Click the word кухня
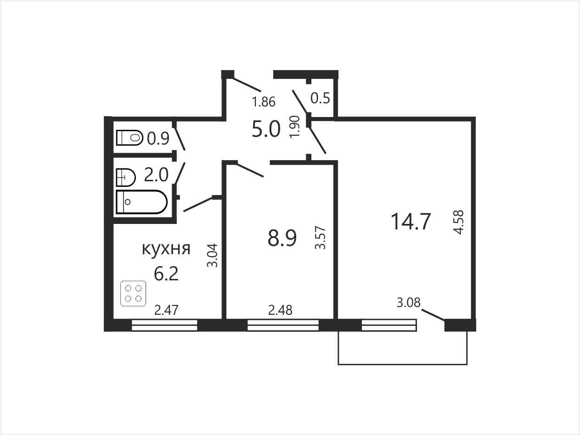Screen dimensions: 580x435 click(166, 249)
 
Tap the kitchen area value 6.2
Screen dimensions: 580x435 click(166, 274)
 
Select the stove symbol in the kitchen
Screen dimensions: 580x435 click(133, 294)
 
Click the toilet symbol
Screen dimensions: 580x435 click(130, 138)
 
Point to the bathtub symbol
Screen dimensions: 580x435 click(141, 202)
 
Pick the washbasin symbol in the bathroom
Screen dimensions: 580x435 click(126, 178)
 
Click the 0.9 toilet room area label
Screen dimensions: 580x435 click(158, 139)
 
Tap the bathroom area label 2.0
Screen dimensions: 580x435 click(156, 175)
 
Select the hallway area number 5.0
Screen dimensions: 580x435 click(266, 129)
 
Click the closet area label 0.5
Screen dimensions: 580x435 click(320, 98)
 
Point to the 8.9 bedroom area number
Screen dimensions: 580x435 click(282, 238)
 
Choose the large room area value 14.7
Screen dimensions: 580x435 click(411, 222)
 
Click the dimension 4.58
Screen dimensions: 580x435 click(458, 222)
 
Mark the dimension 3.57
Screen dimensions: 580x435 click(320, 238)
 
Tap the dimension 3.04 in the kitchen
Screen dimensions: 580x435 click(212, 255)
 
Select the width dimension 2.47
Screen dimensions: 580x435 click(167, 310)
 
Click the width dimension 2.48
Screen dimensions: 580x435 click(280, 310)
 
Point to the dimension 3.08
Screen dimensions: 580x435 click(409, 302)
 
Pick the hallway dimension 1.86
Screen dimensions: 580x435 click(264, 101)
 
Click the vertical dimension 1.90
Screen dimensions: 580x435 click(295, 127)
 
